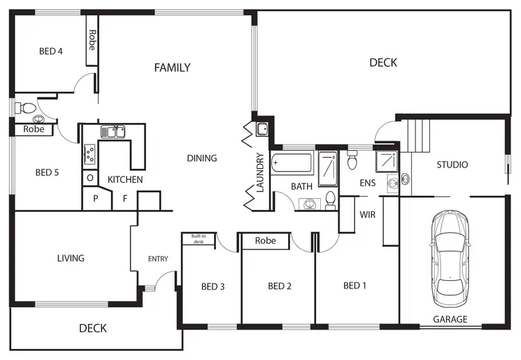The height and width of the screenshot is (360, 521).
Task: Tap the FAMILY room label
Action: (172, 67)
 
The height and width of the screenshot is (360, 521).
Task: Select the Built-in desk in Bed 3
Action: (199, 239)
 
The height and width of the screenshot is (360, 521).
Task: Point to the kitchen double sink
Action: (113, 131)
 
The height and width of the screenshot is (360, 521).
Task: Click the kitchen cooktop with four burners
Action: (90, 154)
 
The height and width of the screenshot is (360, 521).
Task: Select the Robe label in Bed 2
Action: (265, 241)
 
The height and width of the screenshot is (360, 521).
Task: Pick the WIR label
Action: (367, 215)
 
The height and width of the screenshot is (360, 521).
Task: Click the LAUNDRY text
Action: (260, 172)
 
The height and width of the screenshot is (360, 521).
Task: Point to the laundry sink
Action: (263, 129)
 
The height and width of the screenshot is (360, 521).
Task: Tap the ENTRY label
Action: (158, 259)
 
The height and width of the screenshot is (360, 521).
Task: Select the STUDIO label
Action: (452, 165)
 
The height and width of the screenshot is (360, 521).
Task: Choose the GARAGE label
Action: (450, 320)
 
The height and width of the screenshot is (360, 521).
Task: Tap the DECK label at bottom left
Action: (92, 328)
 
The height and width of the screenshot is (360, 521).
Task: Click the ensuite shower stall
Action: (386, 162)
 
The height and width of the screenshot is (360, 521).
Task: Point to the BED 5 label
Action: (47, 172)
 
